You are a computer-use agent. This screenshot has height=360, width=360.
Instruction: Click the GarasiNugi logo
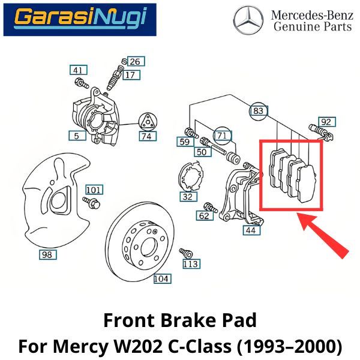click(79, 19)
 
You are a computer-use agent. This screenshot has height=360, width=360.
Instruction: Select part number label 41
click(77, 71)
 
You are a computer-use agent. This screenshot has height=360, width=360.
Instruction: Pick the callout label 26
click(135, 61)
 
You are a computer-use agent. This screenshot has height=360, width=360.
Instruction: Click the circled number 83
click(258, 110)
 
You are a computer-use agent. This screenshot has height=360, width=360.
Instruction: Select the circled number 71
click(223, 136)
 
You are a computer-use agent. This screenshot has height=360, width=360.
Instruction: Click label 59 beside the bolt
click(184, 142)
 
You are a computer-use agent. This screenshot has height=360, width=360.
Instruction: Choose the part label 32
click(188, 196)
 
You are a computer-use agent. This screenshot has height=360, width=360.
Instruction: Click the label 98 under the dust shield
click(47, 254)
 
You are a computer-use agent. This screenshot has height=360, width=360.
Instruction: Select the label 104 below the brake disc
click(161, 278)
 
